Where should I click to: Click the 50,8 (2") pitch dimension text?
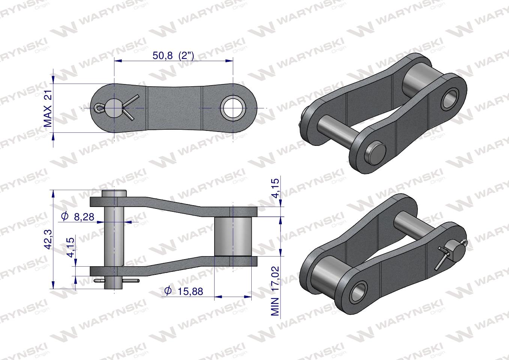173,55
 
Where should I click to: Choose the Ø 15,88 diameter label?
184,291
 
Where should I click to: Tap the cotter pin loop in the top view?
99,108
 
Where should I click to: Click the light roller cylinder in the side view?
233,236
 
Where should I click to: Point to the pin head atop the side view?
114,194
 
